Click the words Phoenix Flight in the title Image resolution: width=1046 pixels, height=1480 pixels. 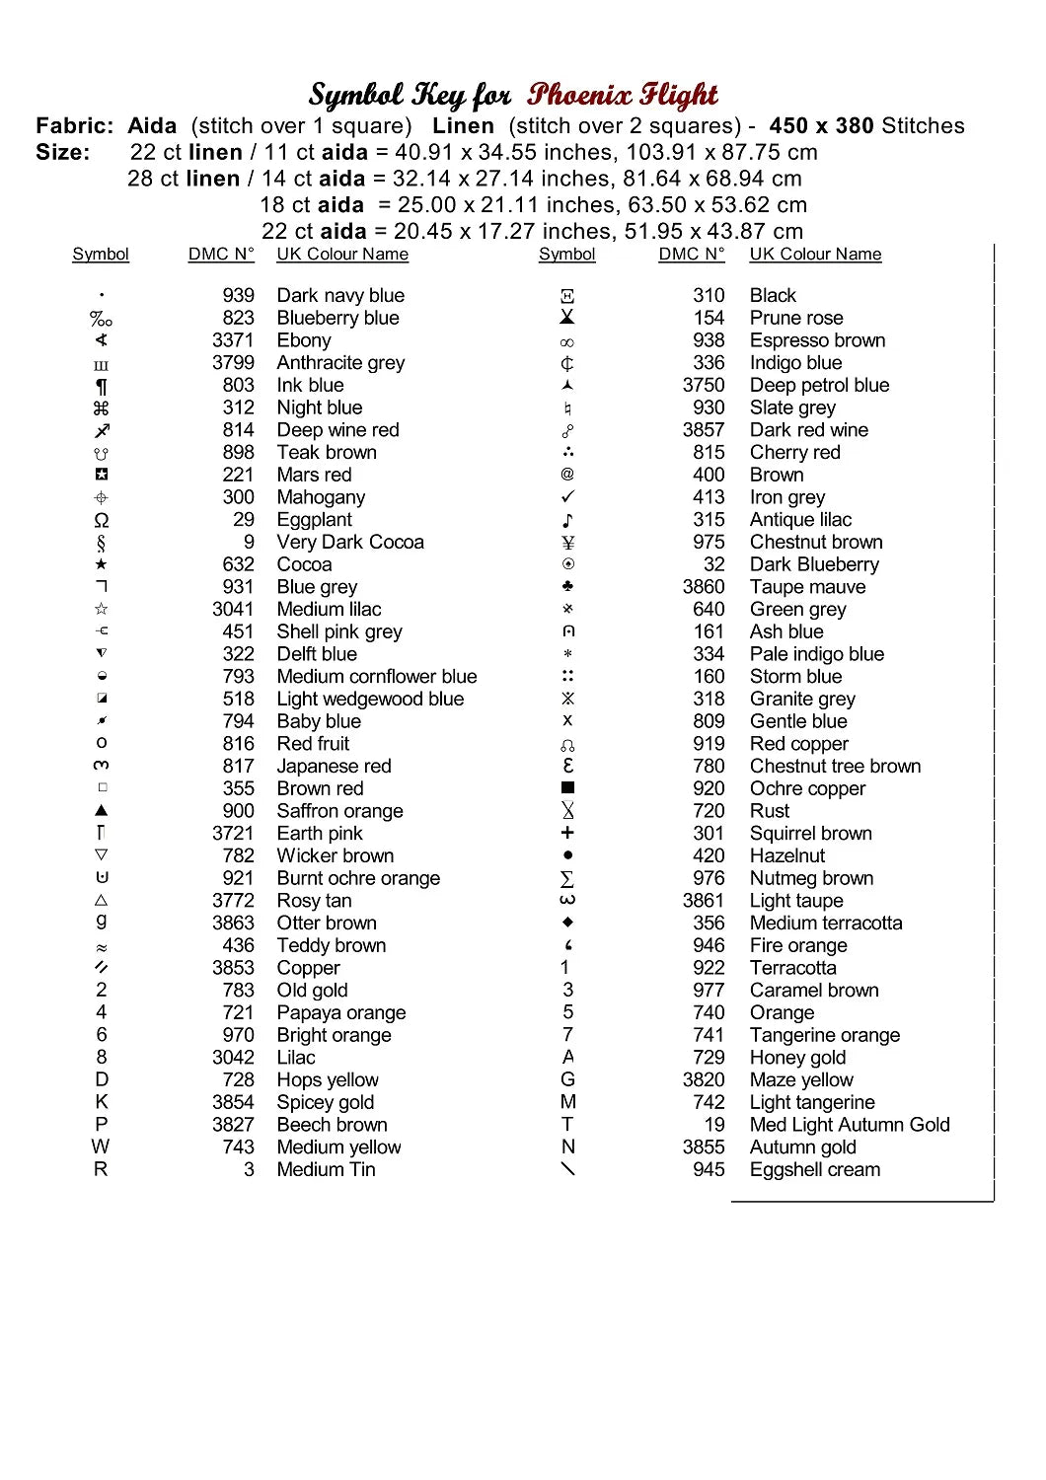coord(622,95)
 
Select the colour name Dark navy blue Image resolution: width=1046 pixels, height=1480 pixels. coord(340,295)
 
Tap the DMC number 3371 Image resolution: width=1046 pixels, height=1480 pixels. coord(233,340)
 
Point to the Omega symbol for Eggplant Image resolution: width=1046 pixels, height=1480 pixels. coord(102,520)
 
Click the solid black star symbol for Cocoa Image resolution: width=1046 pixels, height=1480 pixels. coord(102,564)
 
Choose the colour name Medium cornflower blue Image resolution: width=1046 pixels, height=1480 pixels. coord(377,677)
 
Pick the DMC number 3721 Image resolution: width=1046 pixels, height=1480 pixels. coord(233,834)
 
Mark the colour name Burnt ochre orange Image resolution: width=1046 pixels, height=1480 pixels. coord(358,878)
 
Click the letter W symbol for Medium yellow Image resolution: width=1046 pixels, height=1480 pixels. coord(101,1147)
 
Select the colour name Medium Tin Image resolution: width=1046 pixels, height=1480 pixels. coord(326,1169)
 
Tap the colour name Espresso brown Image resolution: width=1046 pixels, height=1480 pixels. coord(817,340)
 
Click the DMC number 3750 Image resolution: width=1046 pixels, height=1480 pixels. coord(704,385)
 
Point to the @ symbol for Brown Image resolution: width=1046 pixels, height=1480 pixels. coord(567,475)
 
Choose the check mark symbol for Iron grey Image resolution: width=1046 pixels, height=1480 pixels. coord(567,497)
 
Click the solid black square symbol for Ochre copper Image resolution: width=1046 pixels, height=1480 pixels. coord(567,788)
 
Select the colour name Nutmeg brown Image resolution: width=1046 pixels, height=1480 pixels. coord(811,878)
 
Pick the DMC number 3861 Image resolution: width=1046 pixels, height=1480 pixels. coord(704,901)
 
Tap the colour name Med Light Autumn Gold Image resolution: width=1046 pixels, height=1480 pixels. coord(850,1125)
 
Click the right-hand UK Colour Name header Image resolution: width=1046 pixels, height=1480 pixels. coord(815,255)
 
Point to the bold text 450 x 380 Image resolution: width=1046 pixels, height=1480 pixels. coord(821,126)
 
